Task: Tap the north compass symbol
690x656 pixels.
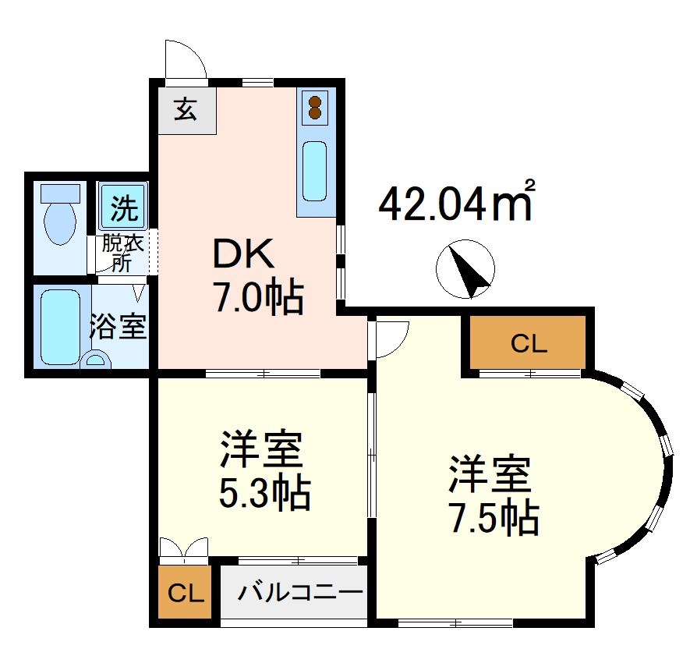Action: coord(465,268)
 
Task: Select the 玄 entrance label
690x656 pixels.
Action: coord(185,109)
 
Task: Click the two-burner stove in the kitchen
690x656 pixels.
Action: coord(316,107)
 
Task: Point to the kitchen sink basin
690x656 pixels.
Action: coord(315,171)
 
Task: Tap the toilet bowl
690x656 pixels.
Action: coord(59,218)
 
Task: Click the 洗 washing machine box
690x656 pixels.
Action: coord(122,207)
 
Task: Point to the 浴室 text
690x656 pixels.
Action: coord(118,327)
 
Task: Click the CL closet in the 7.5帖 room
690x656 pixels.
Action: coord(528,342)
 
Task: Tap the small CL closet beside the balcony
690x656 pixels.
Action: coord(186,594)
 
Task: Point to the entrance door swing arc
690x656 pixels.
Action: coord(186,58)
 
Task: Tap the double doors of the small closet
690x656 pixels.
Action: coord(184,549)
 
